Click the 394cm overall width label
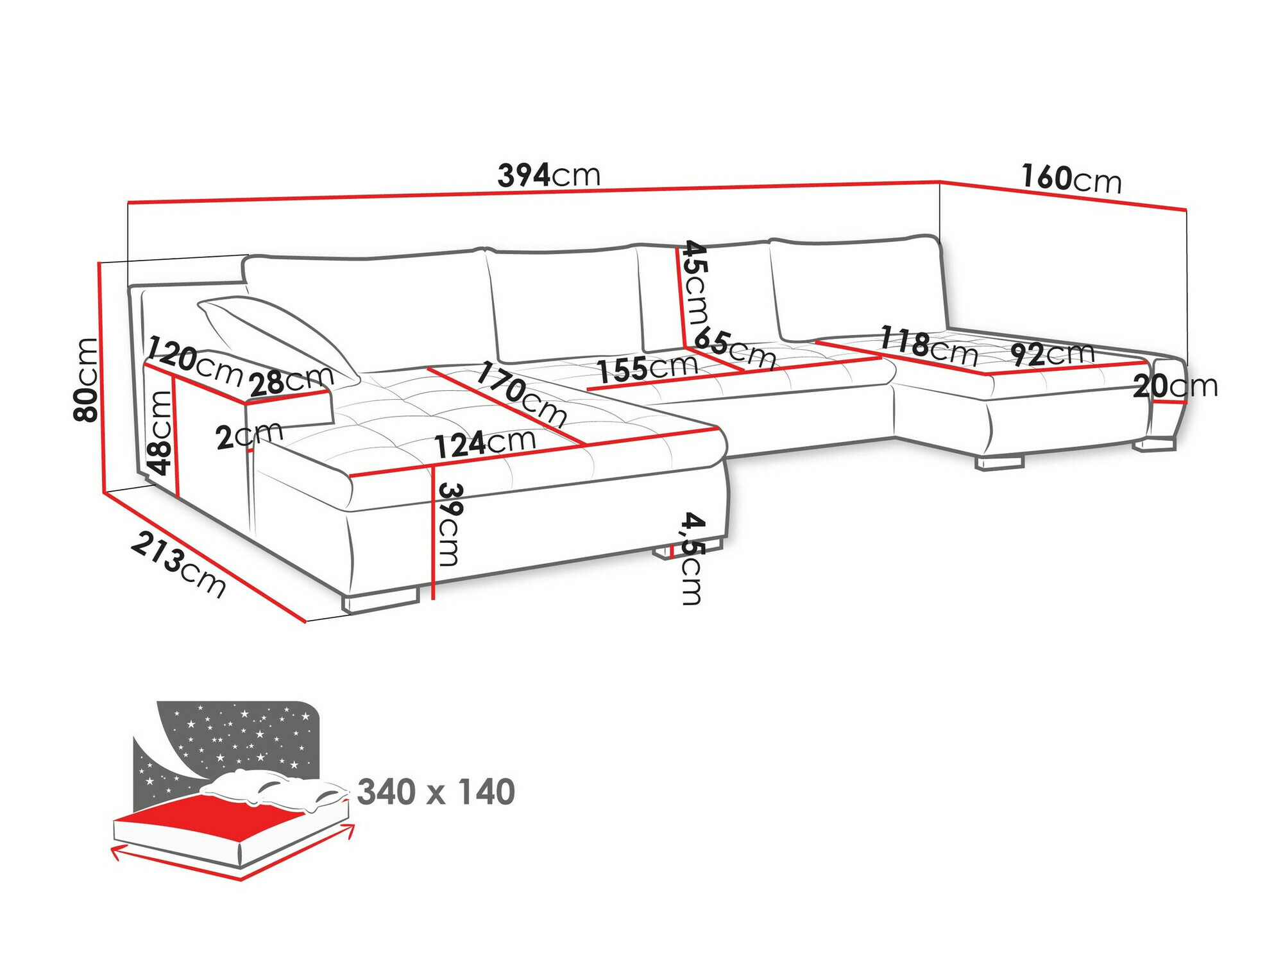(548, 175)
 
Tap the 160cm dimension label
(1071, 178)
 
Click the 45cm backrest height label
(695, 282)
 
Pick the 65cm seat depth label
(735, 347)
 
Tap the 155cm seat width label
(647, 368)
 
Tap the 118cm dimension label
(928, 345)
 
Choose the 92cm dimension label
(1052, 354)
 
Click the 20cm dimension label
(1175, 386)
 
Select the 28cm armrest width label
(291, 382)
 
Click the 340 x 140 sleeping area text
(436, 792)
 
